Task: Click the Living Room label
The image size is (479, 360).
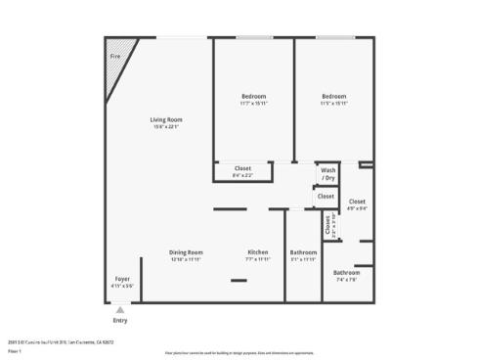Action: click(x=166, y=120)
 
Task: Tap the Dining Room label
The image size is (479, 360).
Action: click(x=186, y=252)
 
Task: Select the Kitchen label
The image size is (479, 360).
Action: click(x=257, y=252)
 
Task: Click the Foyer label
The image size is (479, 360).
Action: click(x=122, y=279)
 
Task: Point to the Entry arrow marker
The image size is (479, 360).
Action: click(x=120, y=309)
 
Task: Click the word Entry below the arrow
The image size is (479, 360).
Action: click(x=120, y=320)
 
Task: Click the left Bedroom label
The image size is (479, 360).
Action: click(x=254, y=96)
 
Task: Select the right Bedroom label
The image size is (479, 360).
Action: click(x=334, y=96)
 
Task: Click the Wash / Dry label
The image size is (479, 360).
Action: click(x=328, y=173)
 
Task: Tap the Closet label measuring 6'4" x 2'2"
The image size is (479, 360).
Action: click(x=242, y=168)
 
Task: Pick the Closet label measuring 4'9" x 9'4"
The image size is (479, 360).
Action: click(x=357, y=202)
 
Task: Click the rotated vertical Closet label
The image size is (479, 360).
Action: click(x=328, y=225)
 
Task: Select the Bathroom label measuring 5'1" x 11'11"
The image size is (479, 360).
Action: click(x=303, y=252)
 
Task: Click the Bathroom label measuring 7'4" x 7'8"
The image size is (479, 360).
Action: click(x=346, y=273)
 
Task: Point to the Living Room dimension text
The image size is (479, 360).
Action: click(x=166, y=127)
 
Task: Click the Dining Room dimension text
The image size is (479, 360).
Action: click(x=186, y=259)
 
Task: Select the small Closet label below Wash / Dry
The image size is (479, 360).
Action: click(x=326, y=197)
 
